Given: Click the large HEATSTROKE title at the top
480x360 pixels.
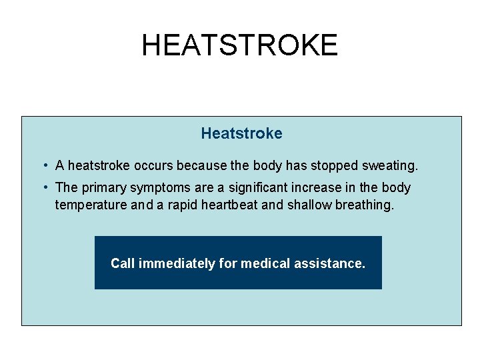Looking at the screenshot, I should pos(239,45).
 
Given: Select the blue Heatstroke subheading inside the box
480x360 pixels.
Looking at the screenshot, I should pos(241,133).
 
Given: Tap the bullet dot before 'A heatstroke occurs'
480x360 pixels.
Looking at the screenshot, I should pos(43,165).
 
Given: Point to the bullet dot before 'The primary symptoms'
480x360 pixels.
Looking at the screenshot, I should pos(43,187).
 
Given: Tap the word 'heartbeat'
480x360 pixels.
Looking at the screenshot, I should pos(225,205).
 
